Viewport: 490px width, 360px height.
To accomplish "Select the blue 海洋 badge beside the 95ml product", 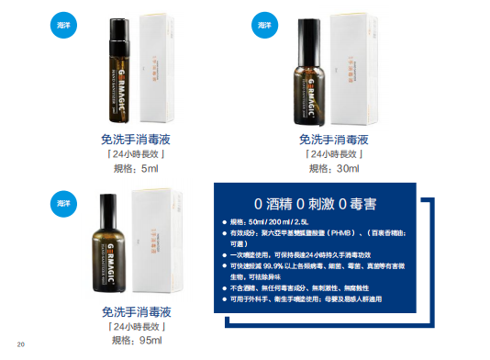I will coord(61,203).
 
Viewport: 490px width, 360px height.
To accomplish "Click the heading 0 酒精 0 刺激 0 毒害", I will coord(333,204).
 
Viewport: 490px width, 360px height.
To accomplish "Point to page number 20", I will coord(20,344).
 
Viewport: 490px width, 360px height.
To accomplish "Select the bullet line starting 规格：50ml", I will coord(275,222).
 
